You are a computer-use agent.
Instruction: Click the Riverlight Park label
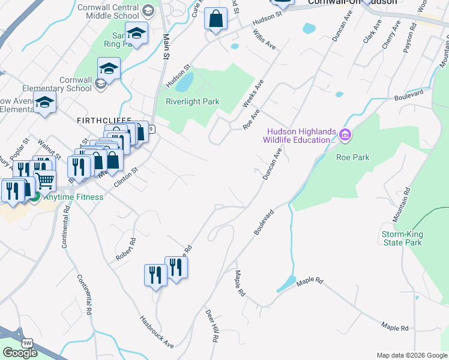point(192,102)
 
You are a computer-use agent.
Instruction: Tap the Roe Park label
point(352,158)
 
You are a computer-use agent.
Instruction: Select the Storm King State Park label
point(402,238)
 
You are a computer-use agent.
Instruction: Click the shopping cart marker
point(45,179)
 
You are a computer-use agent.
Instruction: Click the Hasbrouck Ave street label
point(157,332)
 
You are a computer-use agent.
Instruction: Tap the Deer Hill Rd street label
point(211,326)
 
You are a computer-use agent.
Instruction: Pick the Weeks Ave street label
point(253,94)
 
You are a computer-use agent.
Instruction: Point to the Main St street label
point(166,46)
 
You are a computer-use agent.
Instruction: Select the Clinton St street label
point(126,178)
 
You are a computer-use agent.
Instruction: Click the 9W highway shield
point(26,342)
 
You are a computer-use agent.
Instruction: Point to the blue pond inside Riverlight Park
point(187,82)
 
